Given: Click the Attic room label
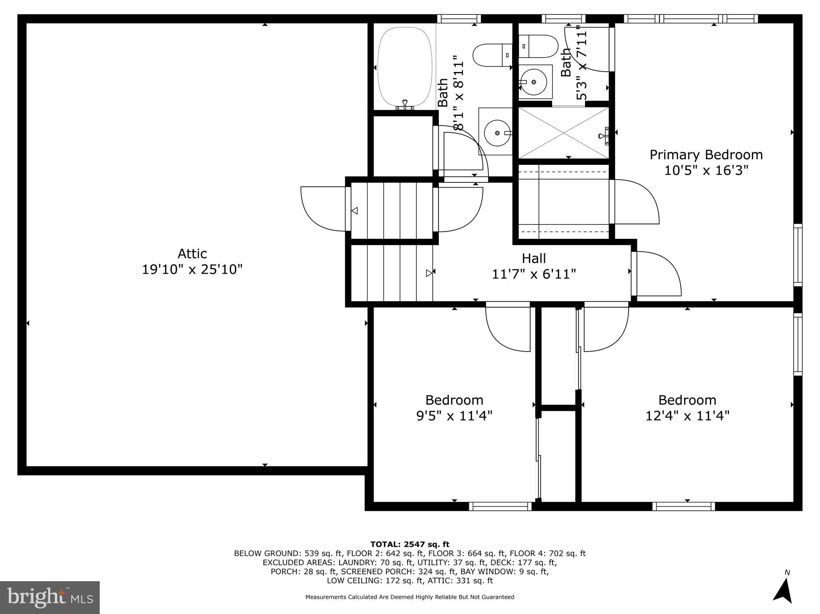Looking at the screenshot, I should tap(192, 254).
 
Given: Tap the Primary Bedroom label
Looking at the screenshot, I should tap(706, 155).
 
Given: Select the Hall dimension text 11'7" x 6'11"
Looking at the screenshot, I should tap(534, 274).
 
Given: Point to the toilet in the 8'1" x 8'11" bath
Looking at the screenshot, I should tap(492, 55).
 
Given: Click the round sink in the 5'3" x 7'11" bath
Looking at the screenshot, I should tap(534, 82).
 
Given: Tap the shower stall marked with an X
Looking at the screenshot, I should tap(563, 132).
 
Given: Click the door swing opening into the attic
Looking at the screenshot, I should tap(322, 209).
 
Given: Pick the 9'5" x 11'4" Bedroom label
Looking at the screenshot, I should tap(454, 400).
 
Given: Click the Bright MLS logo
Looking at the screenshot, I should tap(50, 597).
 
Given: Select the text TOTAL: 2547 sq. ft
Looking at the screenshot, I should tap(410, 544).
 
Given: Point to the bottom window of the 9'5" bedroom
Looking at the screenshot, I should tap(500, 506).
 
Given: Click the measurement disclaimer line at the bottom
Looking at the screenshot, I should tap(410, 597).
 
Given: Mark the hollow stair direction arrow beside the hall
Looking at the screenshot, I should tap(429, 273).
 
